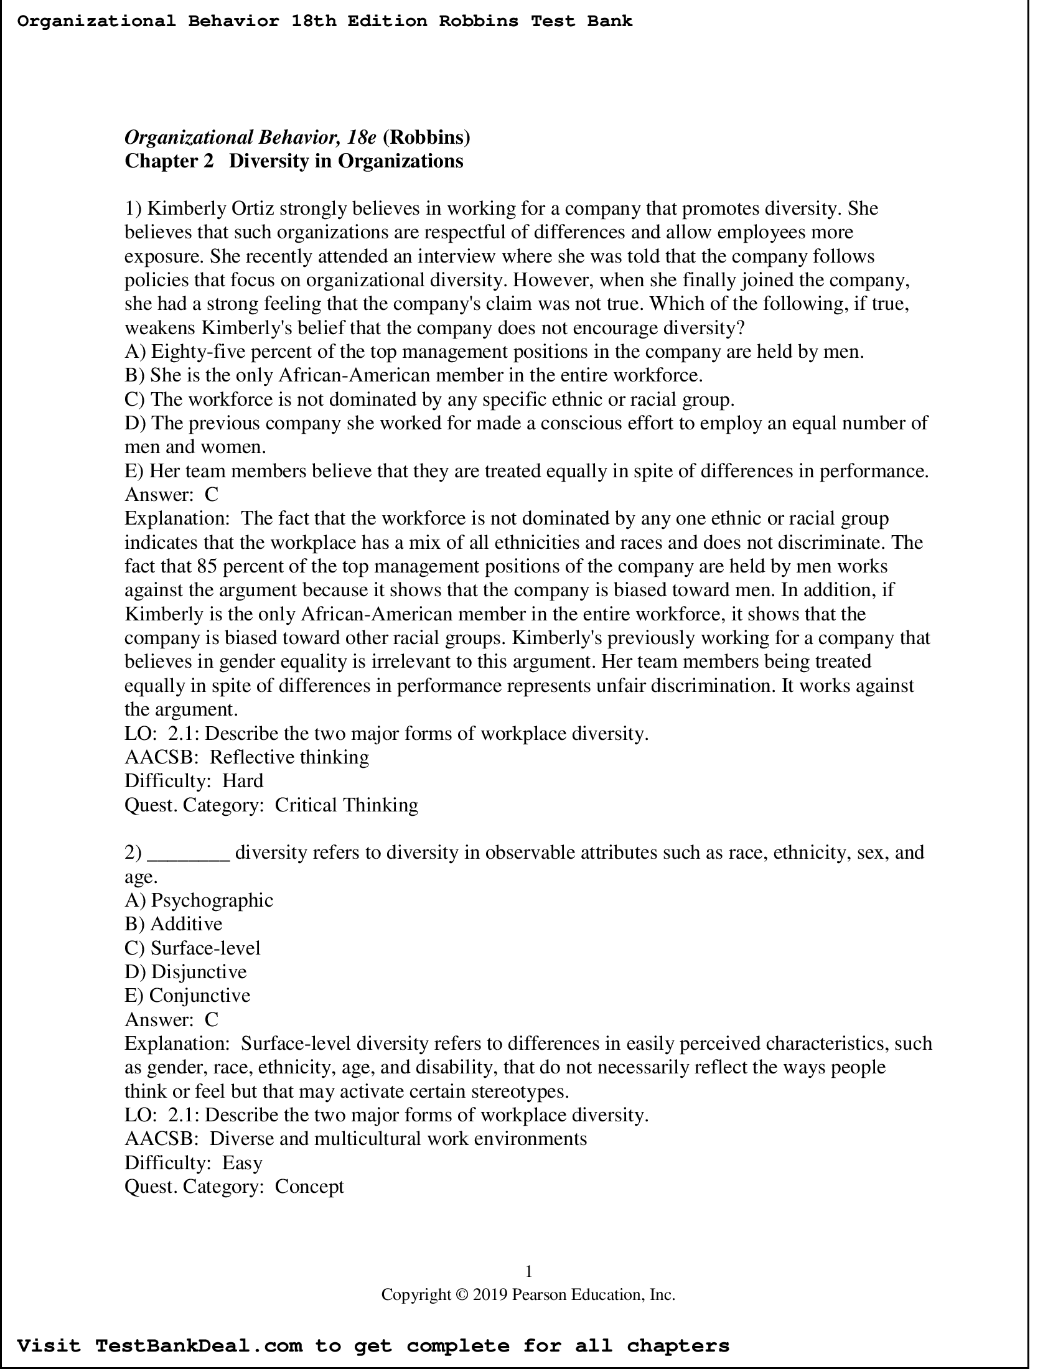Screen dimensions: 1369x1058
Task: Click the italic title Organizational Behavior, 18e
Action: [250, 137]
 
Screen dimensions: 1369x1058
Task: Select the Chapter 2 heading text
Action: [293, 161]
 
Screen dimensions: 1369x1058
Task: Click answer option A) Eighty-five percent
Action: [494, 352]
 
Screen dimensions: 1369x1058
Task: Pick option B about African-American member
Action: [414, 375]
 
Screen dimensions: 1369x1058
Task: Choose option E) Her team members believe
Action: [527, 471]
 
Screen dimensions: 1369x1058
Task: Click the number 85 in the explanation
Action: [207, 566]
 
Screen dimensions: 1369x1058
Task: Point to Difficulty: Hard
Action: [194, 781]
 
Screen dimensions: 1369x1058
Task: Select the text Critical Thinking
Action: [346, 805]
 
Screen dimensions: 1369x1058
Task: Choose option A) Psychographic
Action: [199, 900]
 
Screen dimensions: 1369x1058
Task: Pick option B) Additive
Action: [174, 924]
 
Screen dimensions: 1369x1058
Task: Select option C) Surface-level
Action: [192, 948]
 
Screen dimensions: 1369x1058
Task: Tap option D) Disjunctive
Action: [185, 971]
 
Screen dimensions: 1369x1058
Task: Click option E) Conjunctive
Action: [187, 996]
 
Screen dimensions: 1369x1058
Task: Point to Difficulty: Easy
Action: [193, 1163]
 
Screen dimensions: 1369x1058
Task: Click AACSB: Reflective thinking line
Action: [247, 757]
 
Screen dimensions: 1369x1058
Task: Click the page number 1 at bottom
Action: [528, 1271]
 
